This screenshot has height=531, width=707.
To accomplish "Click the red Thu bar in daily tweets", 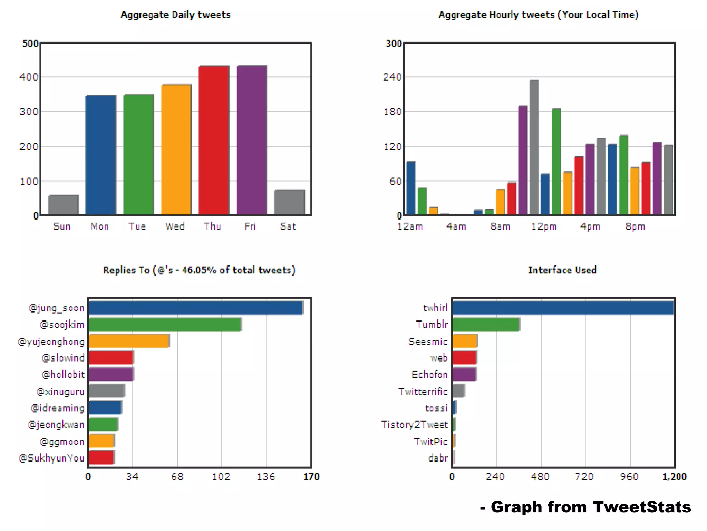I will pos(214,140).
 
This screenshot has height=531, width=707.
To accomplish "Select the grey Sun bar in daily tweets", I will pos(63,205).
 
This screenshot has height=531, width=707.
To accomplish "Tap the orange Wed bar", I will pos(176,149).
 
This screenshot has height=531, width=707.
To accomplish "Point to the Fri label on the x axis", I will pos(250,226).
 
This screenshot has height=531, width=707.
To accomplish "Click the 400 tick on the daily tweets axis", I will pos(29,77).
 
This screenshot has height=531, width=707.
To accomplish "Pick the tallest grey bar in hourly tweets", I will pos(534,147).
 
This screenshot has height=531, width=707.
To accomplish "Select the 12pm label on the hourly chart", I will pos(544,226).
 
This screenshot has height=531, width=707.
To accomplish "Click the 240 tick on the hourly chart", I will pos(393,77).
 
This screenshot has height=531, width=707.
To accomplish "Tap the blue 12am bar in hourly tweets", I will pos(411,188).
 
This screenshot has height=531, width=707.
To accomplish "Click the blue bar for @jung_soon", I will pos(195,308).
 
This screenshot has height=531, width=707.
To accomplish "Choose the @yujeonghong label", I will pos(51,342).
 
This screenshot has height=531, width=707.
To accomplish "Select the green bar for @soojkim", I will pos(165,324).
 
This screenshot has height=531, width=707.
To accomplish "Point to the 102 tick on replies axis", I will pos(221,476).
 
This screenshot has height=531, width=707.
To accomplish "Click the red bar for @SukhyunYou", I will pos(101,458).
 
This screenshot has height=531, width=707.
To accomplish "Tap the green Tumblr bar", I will pos(485,324).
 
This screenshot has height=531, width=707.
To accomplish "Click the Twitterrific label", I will pos(423,391).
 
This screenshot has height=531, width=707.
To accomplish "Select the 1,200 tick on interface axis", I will pos(674,476).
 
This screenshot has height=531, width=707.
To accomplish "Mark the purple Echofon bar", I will pos(464,374).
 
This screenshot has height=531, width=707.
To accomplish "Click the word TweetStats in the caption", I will pos(642,507).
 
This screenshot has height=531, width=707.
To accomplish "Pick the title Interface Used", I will pos(562,270).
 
